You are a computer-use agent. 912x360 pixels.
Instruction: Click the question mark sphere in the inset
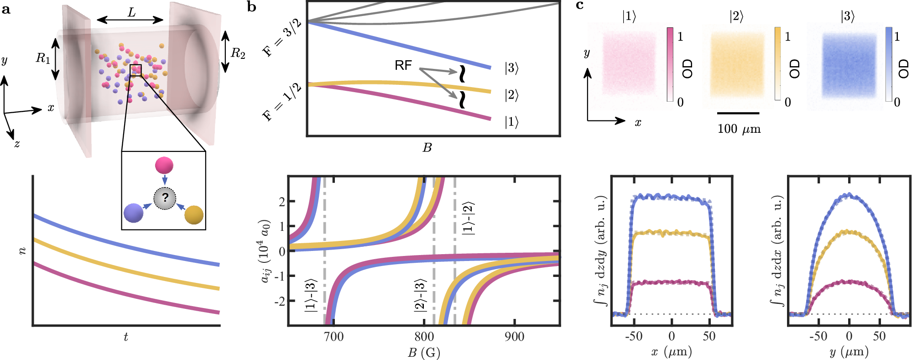pyautogui.click(x=165, y=198)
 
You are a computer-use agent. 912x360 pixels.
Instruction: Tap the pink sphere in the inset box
pyautogui.click(x=164, y=165)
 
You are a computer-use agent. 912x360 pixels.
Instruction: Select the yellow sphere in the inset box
pyautogui.click(x=194, y=215)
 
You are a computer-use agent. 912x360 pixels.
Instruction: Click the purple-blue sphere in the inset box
pyautogui.click(x=133, y=213)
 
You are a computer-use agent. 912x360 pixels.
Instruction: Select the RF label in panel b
pyautogui.click(x=403, y=66)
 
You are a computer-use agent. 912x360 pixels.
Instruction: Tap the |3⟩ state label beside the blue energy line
pyautogui.click(x=511, y=68)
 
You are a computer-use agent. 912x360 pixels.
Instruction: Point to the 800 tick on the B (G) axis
pyautogui.click(x=424, y=337)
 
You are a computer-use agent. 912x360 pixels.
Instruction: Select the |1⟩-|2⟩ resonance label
pyautogui.click(x=468, y=218)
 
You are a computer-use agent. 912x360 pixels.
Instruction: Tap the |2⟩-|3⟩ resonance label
pyautogui.click(x=420, y=295)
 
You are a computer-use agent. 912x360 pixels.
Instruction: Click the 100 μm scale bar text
pyautogui.click(x=739, y=129)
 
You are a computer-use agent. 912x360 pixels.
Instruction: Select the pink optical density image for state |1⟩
pyautogui.click(x=629, y=63)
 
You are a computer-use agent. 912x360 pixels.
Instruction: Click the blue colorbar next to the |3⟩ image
pyautogui.click(x=889, y=64)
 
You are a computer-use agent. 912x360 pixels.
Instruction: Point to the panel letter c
pyautogui.click(x=580, y=5)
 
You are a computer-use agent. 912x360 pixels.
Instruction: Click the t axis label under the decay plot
pyautogui.click(x=126, y=337)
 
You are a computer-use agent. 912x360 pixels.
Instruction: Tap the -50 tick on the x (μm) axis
pyautogui.click(x=634, y=337)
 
